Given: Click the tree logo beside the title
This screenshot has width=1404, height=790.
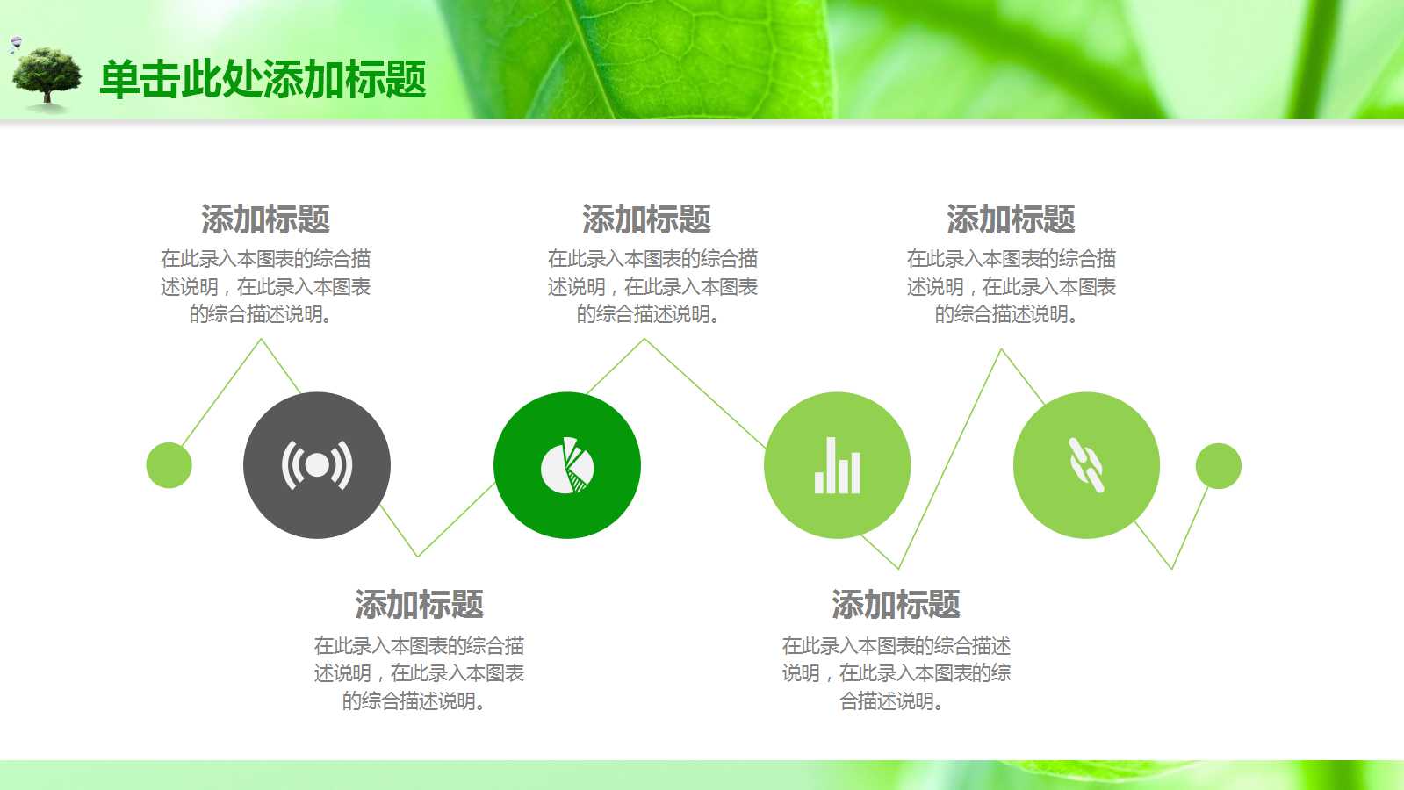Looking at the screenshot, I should coord(47,78).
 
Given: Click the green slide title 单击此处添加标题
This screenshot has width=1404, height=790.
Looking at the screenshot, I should coord(263,80).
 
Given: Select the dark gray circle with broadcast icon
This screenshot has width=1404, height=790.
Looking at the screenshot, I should coord(316,464).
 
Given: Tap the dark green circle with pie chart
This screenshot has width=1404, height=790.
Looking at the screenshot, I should coord(566,464).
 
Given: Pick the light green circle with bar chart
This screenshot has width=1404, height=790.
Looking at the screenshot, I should coord(837,464).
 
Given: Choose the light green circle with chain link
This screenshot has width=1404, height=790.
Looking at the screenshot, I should coord(1086,464).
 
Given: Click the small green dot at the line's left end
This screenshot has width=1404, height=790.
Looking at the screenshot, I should coord(169,465).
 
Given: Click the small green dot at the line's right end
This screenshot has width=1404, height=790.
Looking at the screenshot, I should coord(1218,465).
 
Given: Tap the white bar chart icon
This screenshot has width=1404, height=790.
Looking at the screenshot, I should coord(837,466).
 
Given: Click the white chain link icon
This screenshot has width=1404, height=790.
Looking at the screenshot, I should coord(1086,465).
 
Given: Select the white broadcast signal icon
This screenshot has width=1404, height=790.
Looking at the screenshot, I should coord(317,465).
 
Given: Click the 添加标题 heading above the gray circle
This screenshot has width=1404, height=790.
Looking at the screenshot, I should coord(265,219).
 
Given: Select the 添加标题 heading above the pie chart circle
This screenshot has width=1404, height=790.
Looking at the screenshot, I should coord(646,219).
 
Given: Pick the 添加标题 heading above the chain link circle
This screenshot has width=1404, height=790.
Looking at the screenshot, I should coord(1011,219).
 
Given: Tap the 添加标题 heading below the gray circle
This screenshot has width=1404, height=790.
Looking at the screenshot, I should coord(419,605).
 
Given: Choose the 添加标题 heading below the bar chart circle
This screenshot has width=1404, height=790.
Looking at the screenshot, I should coord(896,605).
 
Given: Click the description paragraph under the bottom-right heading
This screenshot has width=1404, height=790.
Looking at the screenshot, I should coord(896,673).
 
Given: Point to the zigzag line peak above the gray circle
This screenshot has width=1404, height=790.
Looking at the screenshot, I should coord(261,341).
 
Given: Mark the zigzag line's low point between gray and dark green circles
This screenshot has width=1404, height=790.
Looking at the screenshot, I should coord(418,555).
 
